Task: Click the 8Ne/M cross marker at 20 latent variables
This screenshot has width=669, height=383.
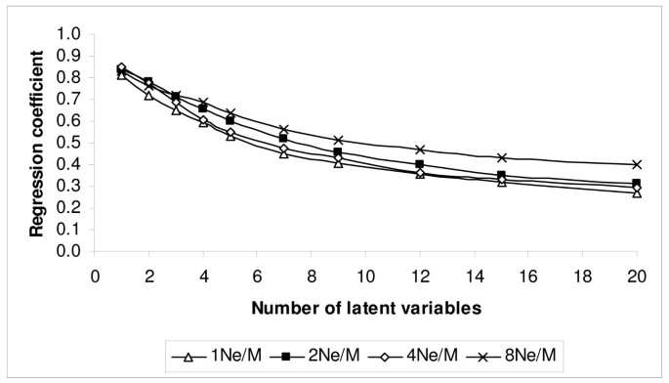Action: (x=636, y=164)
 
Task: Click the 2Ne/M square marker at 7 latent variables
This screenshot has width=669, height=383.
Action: (x=283, y=138)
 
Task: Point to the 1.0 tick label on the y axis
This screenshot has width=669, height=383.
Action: (x=70, y=34)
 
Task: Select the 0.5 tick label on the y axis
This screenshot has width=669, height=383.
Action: (x=70, y=143)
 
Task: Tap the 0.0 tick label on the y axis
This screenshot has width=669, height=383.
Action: (x=70, y=251)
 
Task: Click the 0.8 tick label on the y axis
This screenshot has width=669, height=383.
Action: (x=70, y=78)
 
